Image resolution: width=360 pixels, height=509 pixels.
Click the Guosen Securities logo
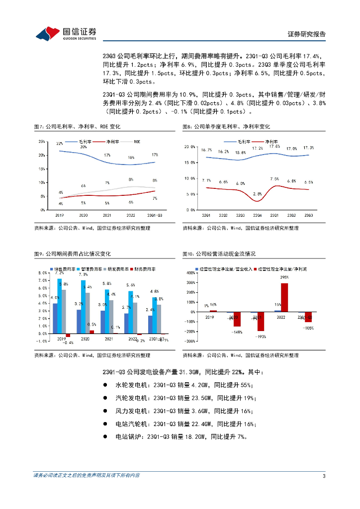[66, 33]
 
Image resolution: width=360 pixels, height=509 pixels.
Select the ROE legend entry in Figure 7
[137, 142]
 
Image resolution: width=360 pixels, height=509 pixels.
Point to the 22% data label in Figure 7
[60, 144]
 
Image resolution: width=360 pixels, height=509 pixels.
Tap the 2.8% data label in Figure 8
[257, 193]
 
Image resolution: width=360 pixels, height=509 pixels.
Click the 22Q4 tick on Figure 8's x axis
[257, 215]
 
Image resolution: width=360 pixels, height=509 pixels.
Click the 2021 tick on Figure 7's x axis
[107, 215]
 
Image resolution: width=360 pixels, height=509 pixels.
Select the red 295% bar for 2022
[284, 297]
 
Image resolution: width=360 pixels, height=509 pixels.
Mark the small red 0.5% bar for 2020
[91, 331]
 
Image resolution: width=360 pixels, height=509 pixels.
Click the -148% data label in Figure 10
[237, 332]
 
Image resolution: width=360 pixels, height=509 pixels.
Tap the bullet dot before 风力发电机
[105, 411]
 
